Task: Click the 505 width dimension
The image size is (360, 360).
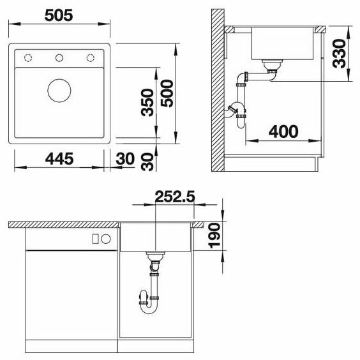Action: [x=59, y=15]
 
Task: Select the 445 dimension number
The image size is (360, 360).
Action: [x=59, y=159]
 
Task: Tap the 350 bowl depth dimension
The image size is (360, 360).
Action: [x=147, y=102]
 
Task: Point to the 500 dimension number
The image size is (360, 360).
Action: [x=167, y=93]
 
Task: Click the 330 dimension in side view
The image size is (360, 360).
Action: [x=339, y=54]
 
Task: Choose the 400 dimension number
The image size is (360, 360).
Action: [x=283, y=131]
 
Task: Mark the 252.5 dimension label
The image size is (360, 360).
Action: [x=175, y=197]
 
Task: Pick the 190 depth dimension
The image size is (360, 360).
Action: [x=214, y=236]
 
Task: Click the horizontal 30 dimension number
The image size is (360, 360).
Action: [x=125, y=159]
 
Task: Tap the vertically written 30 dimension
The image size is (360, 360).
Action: [x=147, y=162]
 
